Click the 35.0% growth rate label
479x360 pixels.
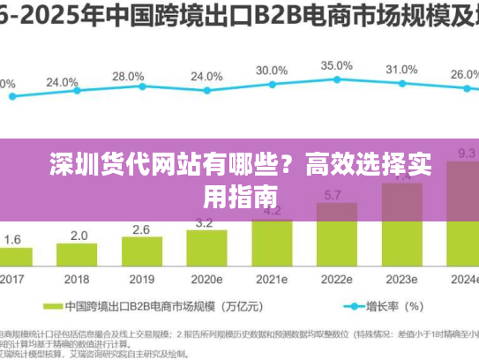[336, 65]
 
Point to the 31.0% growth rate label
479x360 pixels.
[401, 70]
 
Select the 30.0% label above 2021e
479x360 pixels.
[271, 71]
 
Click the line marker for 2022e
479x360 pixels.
[336, 80]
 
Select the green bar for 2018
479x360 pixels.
[79, 255]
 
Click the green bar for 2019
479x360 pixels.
[142, 252]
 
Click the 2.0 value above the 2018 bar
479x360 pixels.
[79, 236]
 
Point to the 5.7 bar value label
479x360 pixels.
[334, 195]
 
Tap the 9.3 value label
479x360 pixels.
[466, 154]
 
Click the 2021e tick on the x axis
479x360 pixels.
[272, 278]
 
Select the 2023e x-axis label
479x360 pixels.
[401, 278]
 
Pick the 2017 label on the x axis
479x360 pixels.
[13, 278]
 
